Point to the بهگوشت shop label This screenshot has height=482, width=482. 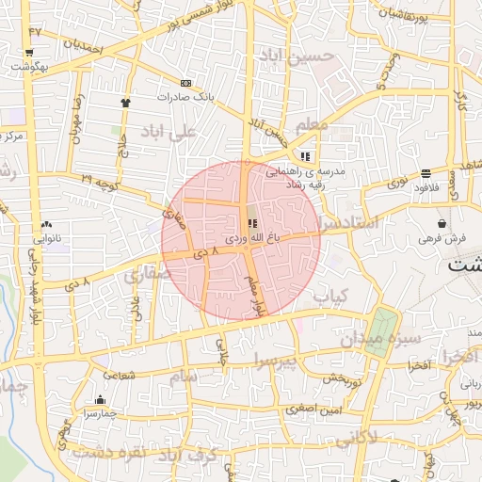coord(26,67)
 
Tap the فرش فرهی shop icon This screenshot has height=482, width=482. coord(442,223)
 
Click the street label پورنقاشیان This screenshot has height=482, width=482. coord(416,13)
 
